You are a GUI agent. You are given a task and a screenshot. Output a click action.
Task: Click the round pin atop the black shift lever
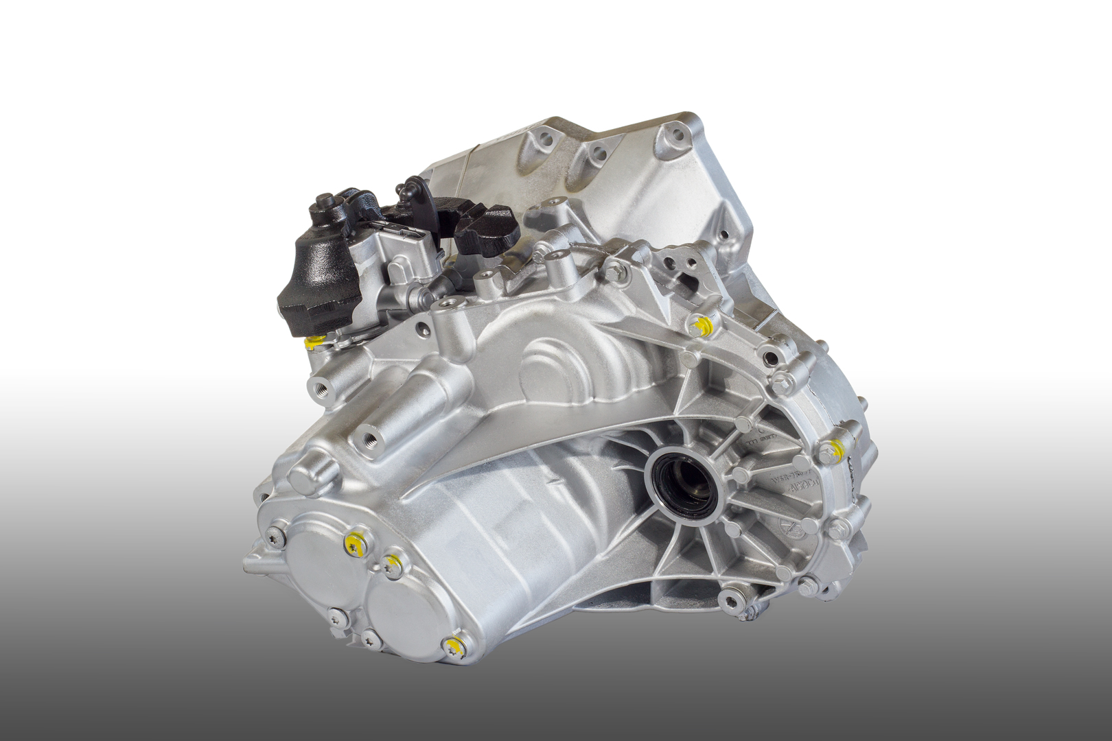323,200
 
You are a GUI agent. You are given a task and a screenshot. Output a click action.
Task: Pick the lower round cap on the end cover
404,611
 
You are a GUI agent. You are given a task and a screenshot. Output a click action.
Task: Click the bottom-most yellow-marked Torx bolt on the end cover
453,645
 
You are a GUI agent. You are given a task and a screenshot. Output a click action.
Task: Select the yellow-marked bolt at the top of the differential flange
701,325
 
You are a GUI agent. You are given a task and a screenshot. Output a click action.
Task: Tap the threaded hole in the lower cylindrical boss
371,439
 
